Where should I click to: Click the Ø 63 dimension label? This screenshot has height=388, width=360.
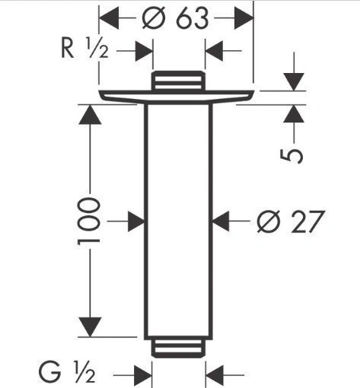[x=175, y=18]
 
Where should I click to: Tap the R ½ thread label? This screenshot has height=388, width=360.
[x=85, y=48]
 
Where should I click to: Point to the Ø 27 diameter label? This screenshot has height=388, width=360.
[x=291, y=221]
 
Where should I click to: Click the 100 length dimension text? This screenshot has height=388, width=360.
[x=88, y=221]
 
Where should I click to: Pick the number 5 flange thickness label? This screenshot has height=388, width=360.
[x=292, y=156]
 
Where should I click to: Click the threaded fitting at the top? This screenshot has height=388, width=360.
[x=179, y=81]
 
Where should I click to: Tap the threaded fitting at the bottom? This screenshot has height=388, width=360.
[x=179, y=348]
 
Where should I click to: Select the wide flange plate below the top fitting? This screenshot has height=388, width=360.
[x=177, y=97]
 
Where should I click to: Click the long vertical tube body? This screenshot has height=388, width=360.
[x=178, y=221]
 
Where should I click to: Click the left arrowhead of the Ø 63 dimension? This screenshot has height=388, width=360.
[x=109, y=18]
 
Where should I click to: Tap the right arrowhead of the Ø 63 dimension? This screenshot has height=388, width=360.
[x=244, y=18]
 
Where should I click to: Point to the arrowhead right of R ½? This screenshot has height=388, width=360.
[x=144, y=51]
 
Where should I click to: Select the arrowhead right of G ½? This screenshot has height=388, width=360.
[x=143, y=374]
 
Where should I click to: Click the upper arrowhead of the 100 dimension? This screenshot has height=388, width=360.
[x=90, y=114]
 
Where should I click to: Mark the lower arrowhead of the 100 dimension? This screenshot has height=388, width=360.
[x=90, y=327]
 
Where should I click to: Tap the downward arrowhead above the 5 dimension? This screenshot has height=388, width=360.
[x=294, y=82]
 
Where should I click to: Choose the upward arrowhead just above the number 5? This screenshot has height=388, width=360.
[x=294, y=113]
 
